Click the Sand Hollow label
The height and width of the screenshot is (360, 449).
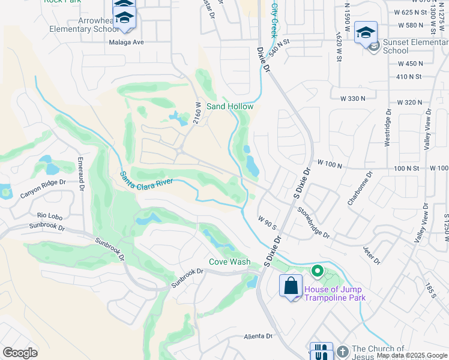click(x=230, y=106)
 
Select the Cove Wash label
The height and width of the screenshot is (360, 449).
click(x=230, y=262)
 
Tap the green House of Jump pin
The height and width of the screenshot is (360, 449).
click(x=318, y=272)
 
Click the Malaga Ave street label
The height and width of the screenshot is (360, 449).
click(x=127, y=43)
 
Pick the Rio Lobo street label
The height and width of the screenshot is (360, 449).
click(x=49, y=215)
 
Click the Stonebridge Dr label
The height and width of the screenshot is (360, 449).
click(x=313, y=222)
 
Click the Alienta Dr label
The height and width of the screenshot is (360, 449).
click(x=259, y=337)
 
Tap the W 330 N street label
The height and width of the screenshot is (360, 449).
click(x=352, y=98)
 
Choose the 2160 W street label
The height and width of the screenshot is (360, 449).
click(x=197, y=113)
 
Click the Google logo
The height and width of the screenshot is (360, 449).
click(x=20, y=353)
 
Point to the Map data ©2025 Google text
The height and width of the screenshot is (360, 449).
click(x=412, y=356)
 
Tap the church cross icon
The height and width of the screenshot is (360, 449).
click(x=342, y=351)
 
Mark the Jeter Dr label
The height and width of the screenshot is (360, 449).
click(x=372, y=254)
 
